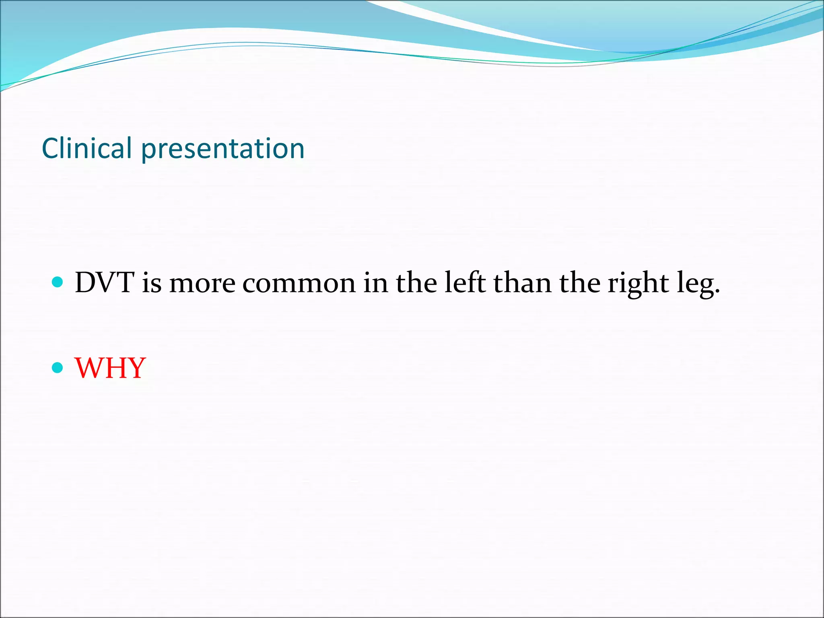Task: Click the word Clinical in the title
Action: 87,148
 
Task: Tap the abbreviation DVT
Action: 104,282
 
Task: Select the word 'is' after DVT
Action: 152,282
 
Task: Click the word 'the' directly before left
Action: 416,282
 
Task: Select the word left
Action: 465,282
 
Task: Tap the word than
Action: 522,282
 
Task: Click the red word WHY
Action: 110,368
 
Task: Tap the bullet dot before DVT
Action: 58,282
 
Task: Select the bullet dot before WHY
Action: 58,367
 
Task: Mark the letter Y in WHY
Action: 135,368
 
